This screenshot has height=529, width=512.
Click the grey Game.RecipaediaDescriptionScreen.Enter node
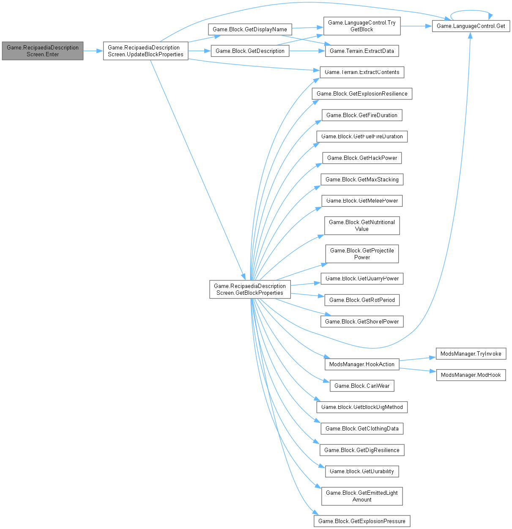[43, 51]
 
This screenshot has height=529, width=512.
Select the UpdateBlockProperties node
[146, 51]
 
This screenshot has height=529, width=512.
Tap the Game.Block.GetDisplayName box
[250, 29]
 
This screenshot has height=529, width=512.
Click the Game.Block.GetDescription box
[250, 51]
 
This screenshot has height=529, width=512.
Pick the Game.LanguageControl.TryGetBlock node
[362, 26]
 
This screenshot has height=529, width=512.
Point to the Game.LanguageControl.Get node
[471, 26]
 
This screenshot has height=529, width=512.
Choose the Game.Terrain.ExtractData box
[361, 51]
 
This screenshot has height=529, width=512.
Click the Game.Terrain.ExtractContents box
[362, 72]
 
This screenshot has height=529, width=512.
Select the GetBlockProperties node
[250, 289]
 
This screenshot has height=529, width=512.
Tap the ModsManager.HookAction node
[361, 364]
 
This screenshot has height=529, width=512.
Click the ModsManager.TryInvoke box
[471, 354]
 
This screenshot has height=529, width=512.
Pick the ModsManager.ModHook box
[471, 375]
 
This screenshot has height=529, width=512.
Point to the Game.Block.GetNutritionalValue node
[362, 225]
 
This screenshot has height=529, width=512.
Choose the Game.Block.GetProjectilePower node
[362, 254]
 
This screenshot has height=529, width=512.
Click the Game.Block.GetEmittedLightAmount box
[362, 496]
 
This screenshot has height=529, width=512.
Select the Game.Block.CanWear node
[362, 386]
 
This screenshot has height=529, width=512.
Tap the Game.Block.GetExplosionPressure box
[362, 521]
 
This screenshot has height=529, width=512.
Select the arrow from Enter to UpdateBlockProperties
[93, 51]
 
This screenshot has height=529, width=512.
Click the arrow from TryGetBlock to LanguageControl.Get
[416, 26]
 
